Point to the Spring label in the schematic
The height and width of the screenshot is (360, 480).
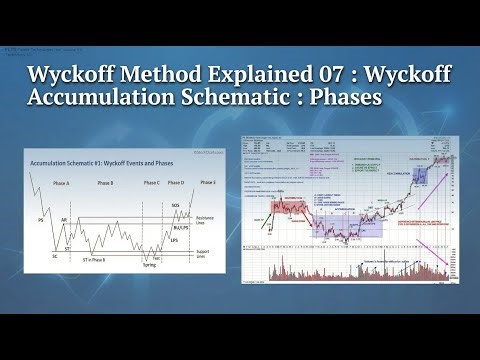(x=149, y=264)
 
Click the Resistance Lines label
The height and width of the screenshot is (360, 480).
(x=205, y=218)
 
